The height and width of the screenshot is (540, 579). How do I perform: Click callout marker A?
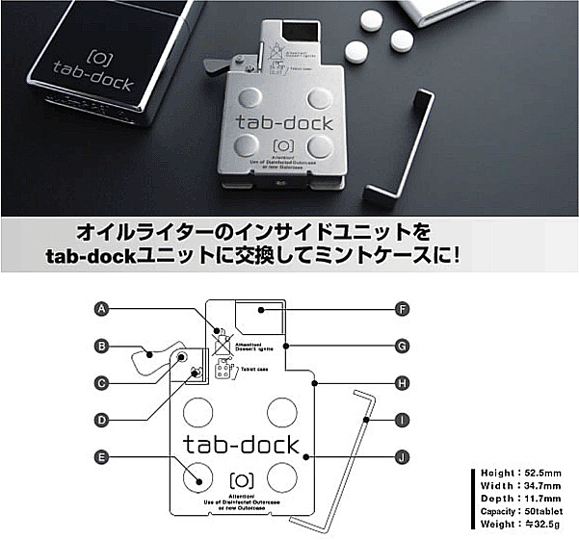coord(101,309)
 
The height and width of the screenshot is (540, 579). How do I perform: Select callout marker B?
coord(101,346)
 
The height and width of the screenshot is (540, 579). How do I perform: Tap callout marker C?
coord(101,382)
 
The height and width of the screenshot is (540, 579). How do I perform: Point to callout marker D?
coord(101,419)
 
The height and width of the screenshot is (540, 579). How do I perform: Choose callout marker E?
coord(101,456)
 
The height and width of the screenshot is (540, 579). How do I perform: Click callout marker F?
coord(405,309)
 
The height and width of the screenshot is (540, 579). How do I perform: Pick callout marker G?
coord(405,346)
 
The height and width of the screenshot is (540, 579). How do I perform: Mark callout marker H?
coord(405,382)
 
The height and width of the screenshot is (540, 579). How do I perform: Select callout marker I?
coord(405,420)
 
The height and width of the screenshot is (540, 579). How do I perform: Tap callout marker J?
coord(405,456)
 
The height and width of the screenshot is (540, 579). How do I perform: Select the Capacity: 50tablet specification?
coord(525,510)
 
